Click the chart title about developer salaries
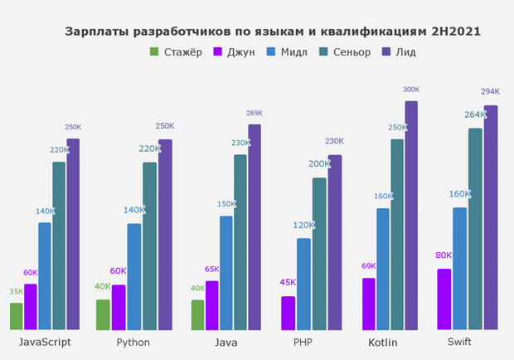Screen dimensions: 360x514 (273, 32)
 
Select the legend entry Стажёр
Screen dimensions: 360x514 (177, 51)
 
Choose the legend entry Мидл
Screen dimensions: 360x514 (293, 51)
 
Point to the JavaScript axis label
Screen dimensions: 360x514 (45, 342)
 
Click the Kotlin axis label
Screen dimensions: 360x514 (383, 342)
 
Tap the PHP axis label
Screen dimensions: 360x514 (303, 342)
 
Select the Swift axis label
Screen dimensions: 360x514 (459, 342)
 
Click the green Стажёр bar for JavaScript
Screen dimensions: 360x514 (17, 316)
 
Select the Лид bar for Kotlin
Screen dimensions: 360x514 (411, 216)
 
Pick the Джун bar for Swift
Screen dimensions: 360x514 (444, 299)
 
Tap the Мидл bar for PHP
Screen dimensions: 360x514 (304, 284)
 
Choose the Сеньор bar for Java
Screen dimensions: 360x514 (240, 241)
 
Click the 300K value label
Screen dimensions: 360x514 (411, 90)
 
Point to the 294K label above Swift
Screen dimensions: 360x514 (491, 92)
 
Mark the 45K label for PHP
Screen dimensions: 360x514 (288, 282)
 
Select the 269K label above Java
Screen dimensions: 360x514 (255, 114)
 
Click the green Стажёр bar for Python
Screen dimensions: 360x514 (103, 314)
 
